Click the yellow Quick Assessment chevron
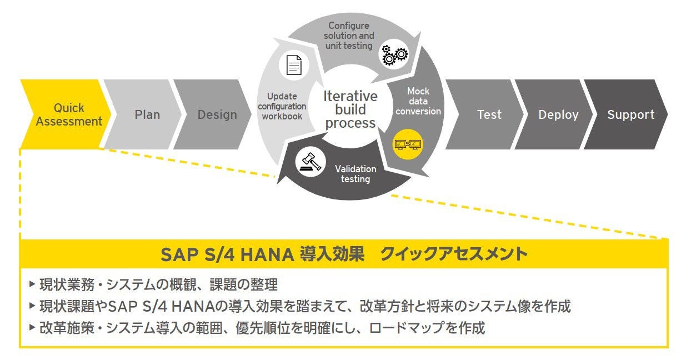point(66,114)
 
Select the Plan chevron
point(146,114)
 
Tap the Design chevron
point(216,114)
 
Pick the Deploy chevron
point(557,114)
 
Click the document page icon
point(294,66)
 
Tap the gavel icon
point(311,163)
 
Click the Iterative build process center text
point(350,109)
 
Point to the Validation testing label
point(355,173)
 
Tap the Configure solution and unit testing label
point(349,36)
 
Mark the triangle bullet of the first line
point(32,284)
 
